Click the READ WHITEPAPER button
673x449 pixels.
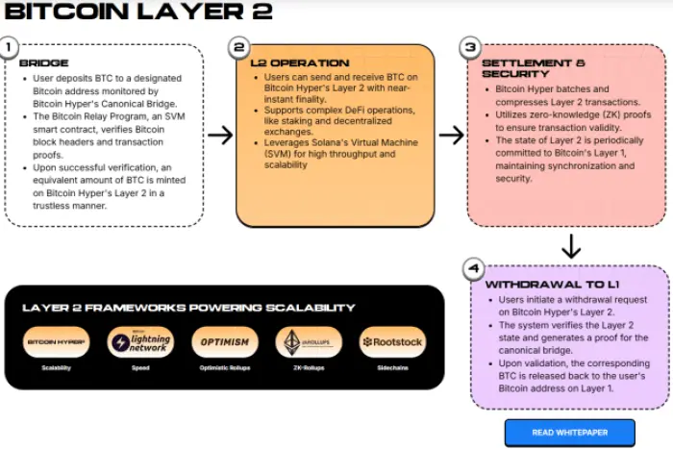(569, 433)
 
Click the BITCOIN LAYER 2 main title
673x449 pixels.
(138, 12)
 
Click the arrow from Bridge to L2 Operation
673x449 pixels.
(220, 135)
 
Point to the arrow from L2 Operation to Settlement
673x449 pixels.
(450, 135)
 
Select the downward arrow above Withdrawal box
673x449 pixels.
(571, 247)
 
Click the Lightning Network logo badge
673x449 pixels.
(140, 342)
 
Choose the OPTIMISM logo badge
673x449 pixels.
(225, 342)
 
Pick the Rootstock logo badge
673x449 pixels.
(391, 342)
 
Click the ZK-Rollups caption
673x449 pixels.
(309, 368)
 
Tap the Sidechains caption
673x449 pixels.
(391, 368)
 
